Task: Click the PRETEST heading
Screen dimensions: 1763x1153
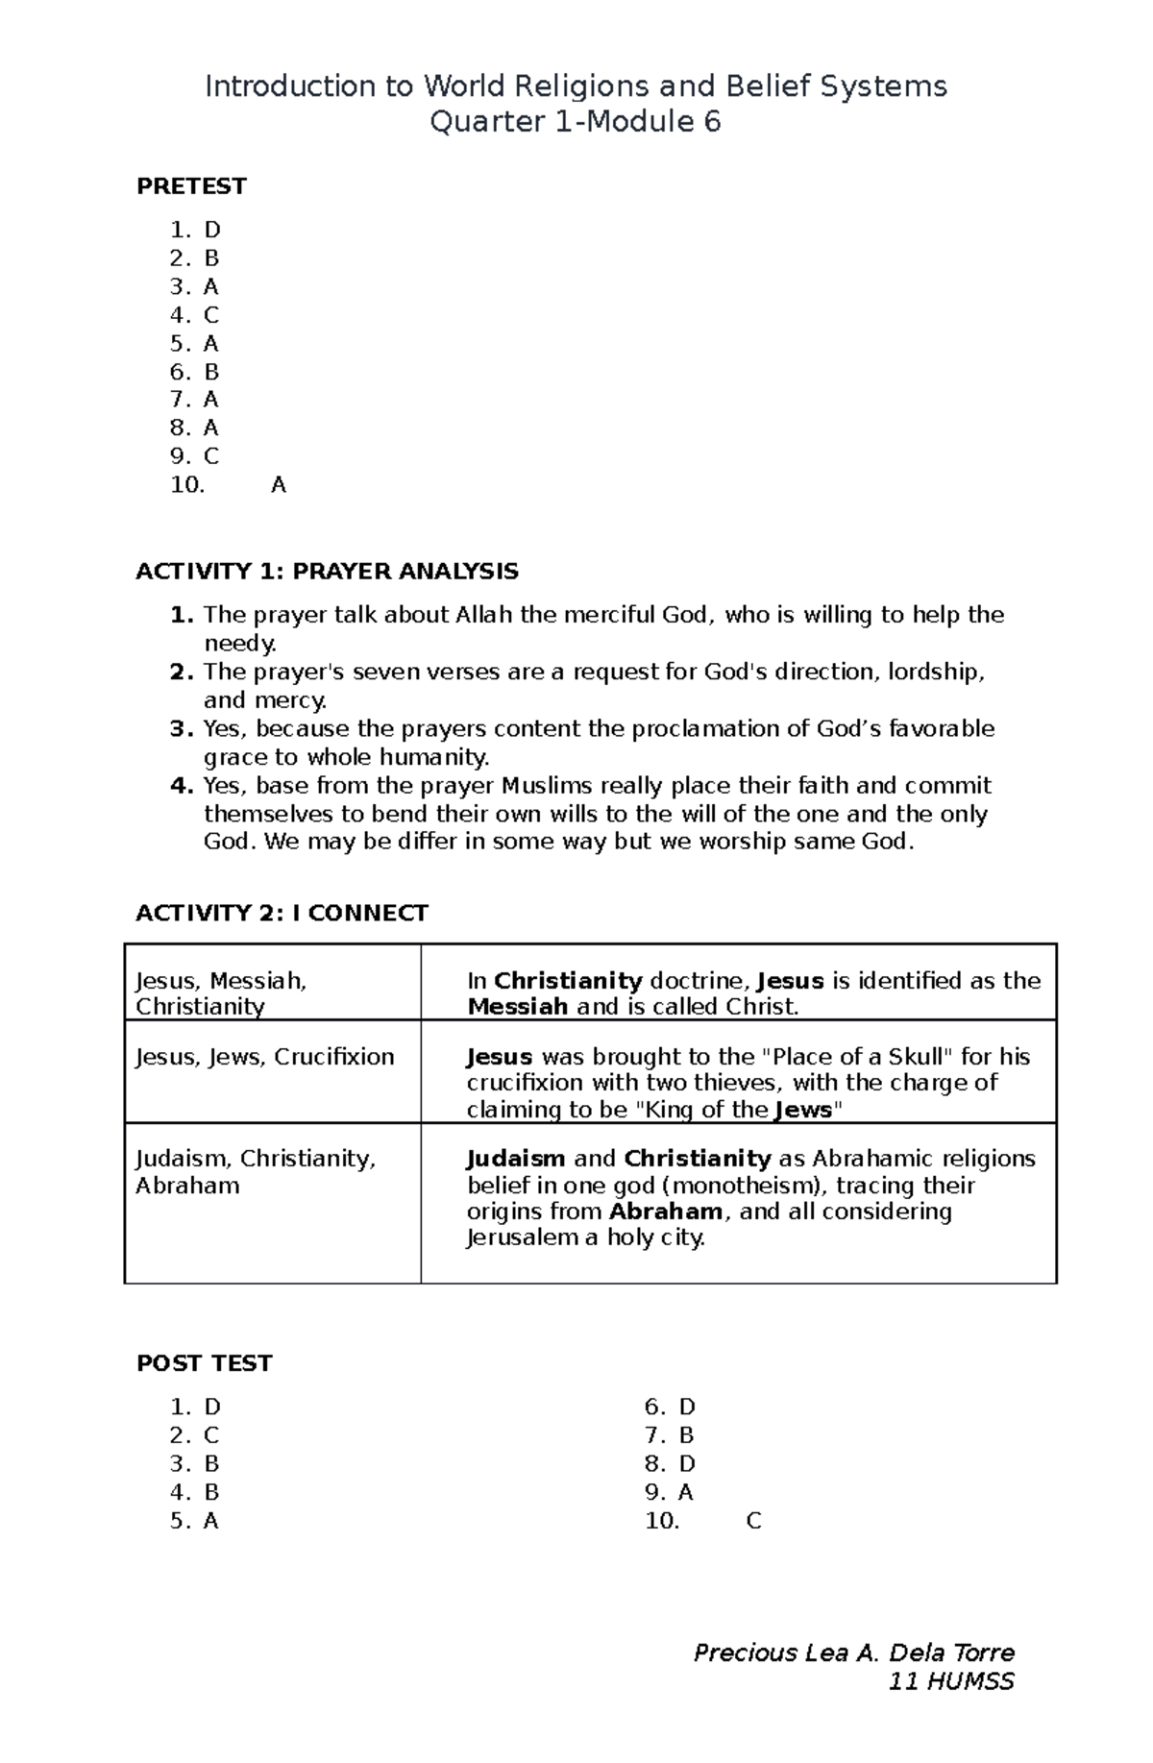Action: point(191,186)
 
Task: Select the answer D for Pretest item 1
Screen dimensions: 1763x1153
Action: point(212,230)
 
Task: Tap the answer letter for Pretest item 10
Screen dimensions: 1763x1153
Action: point(279,485)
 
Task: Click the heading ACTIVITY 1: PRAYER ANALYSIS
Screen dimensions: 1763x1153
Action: point(327,572)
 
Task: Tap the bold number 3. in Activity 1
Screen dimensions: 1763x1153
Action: point(183,728)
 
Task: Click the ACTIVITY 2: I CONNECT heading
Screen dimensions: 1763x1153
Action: point(282,913)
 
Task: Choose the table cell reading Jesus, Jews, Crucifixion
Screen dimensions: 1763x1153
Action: point(265,1057)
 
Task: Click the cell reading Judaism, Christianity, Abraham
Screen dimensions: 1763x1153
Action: point(255,1171)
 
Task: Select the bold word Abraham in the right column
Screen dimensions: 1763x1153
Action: point(666,1211)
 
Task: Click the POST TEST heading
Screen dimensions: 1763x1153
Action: point(204,1363)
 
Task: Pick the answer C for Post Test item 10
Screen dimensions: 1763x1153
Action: point(753,1521)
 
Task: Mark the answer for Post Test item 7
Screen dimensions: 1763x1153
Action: point(686,1435)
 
